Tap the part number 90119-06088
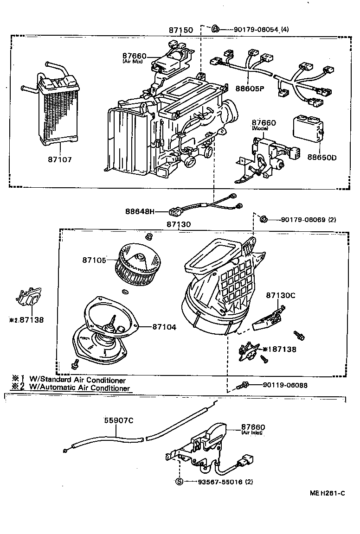coord(284,385)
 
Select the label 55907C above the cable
coord(118,420)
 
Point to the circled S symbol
coord(179,482)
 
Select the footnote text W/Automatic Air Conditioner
coord(79,388)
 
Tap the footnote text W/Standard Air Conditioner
coord(77,380)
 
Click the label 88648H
coord(139,211)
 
